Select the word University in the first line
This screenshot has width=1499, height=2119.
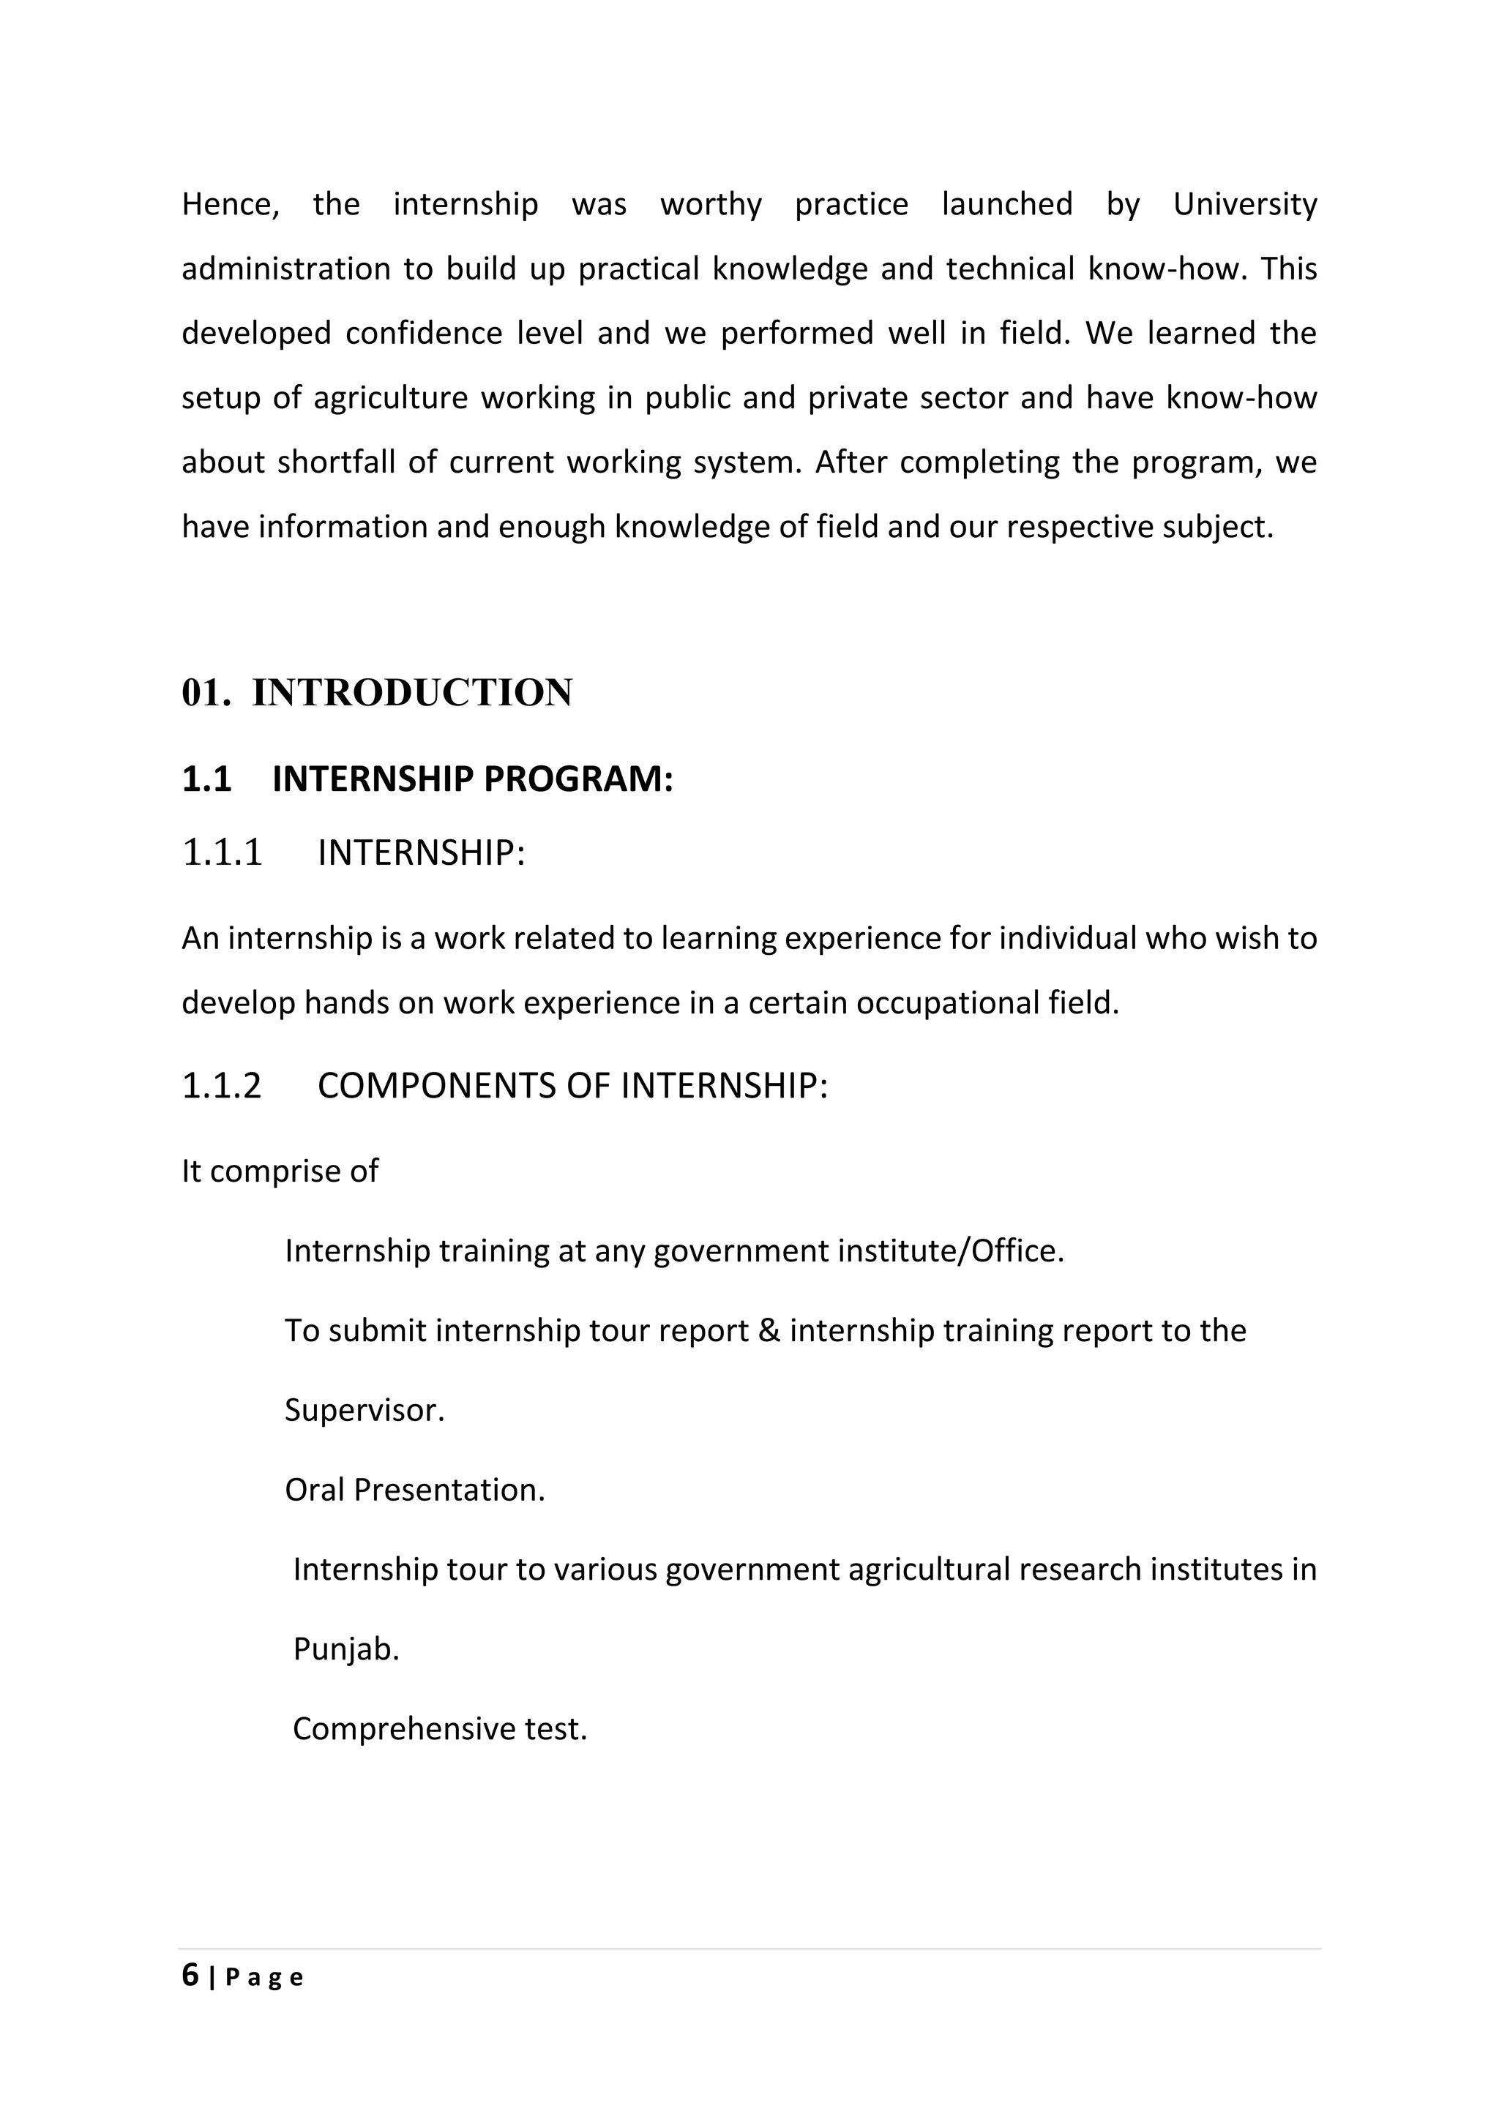point(1244,204)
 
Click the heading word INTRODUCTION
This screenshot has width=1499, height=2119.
point(411,693)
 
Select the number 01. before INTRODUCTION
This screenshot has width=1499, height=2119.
point(205,693)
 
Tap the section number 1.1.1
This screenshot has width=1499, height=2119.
point(223,852)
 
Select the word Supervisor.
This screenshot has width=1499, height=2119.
point(364,1410)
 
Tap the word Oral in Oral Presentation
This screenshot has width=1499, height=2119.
point(314,1490)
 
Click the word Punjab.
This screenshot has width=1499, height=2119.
point(345,1649)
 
